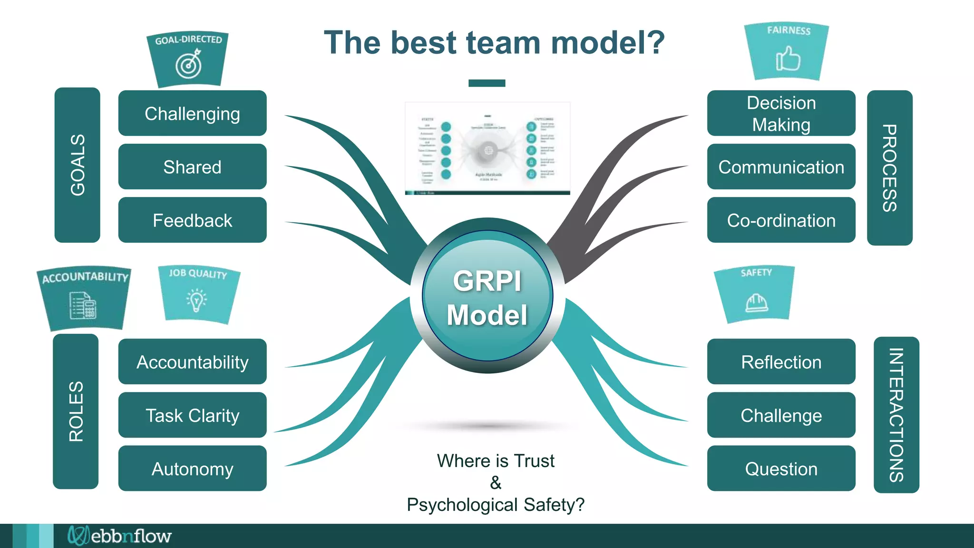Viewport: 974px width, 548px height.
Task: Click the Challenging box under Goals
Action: click(x=192, y=113)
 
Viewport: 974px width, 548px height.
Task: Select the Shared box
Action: click(x=192, y=166)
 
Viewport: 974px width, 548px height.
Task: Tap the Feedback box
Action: click(x=192, y=220)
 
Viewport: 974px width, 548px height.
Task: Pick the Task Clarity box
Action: click(x=192, y=415)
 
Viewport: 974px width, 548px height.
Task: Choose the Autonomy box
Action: click(x=192, y=469)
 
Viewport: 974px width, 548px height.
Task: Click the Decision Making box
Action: click(x=781, y=113)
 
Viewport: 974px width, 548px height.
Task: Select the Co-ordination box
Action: click(x=781, y=220)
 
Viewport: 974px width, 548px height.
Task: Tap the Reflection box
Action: click(x=781, y=362)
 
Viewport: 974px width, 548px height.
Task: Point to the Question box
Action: click(x=781, y=469)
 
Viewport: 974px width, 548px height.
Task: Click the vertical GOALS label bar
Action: click(x=78, y=165)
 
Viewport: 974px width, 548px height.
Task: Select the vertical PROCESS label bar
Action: click(x=889, y=167)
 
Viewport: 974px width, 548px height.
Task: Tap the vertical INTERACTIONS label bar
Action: click(x=896, y=415)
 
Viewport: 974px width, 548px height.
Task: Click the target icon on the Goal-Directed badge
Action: click(x=189, y=65)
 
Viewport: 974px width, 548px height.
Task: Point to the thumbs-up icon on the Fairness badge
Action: click(x=788, y=59)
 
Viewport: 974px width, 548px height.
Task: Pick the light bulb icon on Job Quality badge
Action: click(x=196, y=300)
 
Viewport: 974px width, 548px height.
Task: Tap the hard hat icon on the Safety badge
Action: click(x=756, y=303)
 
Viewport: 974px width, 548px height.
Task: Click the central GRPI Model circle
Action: click(x=487, y=296)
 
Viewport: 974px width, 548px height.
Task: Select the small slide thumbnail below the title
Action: click(x=487, y=148)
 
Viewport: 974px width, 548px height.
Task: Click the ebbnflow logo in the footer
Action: click(x=119, y=536)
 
